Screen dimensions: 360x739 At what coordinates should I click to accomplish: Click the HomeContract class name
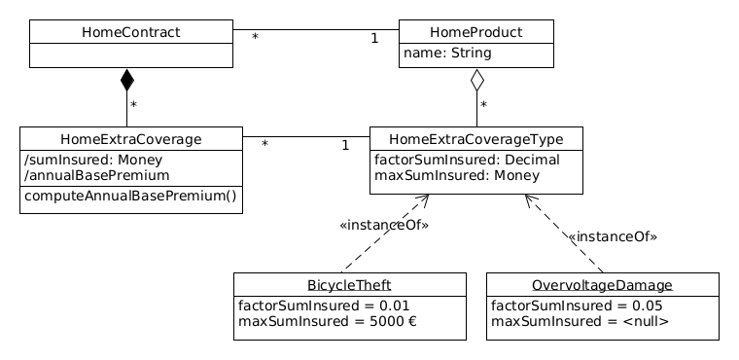click(130, 32)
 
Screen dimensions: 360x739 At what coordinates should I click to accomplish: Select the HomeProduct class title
click(475, 32)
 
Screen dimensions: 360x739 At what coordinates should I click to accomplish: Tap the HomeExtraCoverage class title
click(130, 139)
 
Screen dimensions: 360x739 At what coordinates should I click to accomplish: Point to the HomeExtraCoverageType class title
click(475, 139)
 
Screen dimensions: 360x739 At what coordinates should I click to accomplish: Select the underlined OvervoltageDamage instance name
click(602, 285)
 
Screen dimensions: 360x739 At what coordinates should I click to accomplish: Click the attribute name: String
click(446, 53)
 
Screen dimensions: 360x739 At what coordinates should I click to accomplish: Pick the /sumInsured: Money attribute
click(93, 160)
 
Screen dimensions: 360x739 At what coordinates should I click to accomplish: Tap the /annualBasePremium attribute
click(97, 175)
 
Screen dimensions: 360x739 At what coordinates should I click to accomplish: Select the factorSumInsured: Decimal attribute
click(453, 160)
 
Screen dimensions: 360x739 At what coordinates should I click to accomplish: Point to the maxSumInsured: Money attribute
click(444, 175)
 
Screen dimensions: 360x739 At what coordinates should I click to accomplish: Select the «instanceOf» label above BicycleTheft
click(384, 226)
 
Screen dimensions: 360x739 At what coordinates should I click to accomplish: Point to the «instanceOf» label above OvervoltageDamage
click(612, 236)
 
